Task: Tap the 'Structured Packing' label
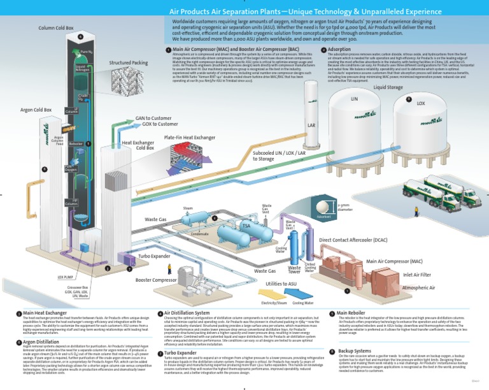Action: click(128, 63)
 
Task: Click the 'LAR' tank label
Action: click(311, 126)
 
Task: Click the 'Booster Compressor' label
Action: click(156, 280)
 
